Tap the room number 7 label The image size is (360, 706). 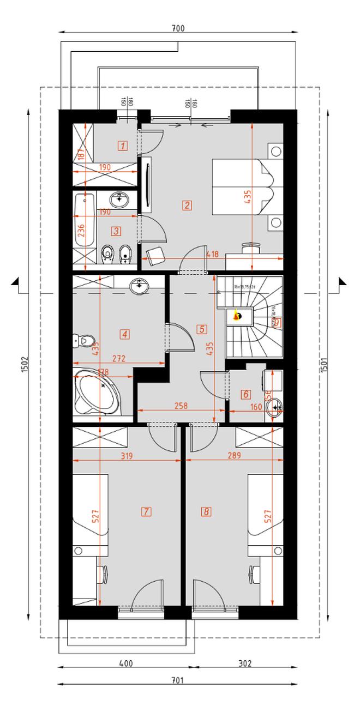pos(146,511)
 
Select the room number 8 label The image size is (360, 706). pos(206,511)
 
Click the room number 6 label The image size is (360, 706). pos(245,394)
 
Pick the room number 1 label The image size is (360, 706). pos(123,146)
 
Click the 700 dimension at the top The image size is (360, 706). pos(178,28)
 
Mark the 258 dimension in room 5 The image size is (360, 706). pos(181,406)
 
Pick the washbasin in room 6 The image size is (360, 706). pos(275,405)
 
